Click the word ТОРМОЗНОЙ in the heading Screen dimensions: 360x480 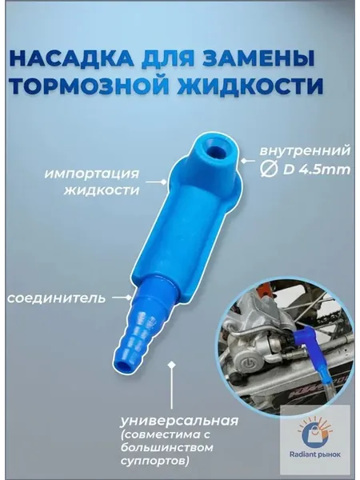pos(90,86)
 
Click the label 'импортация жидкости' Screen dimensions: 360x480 pos(92,182)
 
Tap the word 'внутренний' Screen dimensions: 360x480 pos(305,151)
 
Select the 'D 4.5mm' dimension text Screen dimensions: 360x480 pos(317,170)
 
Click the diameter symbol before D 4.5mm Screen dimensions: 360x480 pos(269,170)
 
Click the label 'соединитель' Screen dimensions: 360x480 pos(56,298)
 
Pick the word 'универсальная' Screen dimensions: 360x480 pos(179,422)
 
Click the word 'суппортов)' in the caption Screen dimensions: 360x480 pos(154,461)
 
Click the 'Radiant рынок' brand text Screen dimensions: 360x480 pos(315,455)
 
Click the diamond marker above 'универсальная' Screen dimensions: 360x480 pos(172,364)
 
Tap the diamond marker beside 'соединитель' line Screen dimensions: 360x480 pos(130,298)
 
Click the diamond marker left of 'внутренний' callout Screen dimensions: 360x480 pos(244,161)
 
